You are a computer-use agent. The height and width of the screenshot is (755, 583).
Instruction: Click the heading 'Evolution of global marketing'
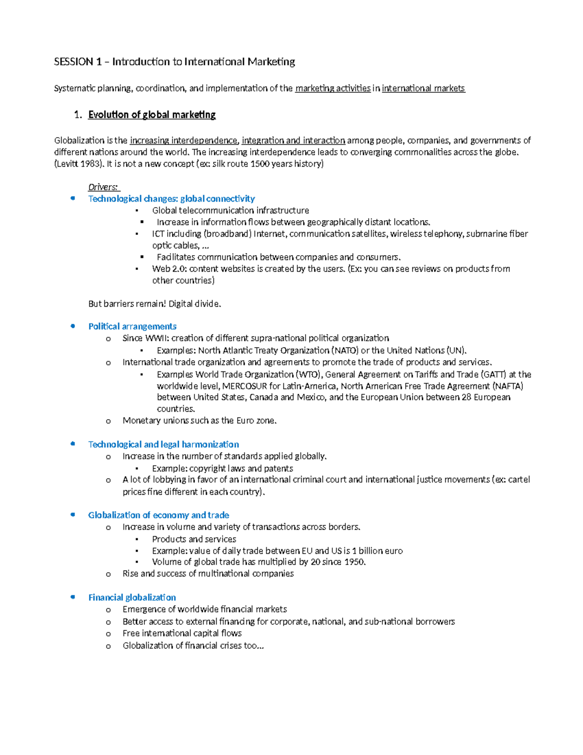tap(152, 115)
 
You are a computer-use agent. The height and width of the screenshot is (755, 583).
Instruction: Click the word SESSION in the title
tap(73, 62)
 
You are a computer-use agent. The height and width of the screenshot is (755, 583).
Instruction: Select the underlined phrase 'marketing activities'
tap(333, 88)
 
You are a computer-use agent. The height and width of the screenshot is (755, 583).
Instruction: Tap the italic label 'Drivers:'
tap(103, 187)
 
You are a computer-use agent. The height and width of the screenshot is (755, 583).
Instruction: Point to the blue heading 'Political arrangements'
tap(132, 326)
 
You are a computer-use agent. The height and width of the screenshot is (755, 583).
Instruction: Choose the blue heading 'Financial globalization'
tap(132, 597)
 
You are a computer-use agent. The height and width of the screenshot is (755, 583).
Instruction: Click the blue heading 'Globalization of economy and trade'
tap(158, 515)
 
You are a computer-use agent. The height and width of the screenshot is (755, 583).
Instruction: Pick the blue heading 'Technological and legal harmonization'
tap(163, 444)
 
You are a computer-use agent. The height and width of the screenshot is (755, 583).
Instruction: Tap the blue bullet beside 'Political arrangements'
tap(73, 326)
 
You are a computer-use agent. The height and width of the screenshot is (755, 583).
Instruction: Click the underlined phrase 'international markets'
tap(423, 88)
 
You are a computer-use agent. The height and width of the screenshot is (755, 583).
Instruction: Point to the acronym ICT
tap(158, 234)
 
